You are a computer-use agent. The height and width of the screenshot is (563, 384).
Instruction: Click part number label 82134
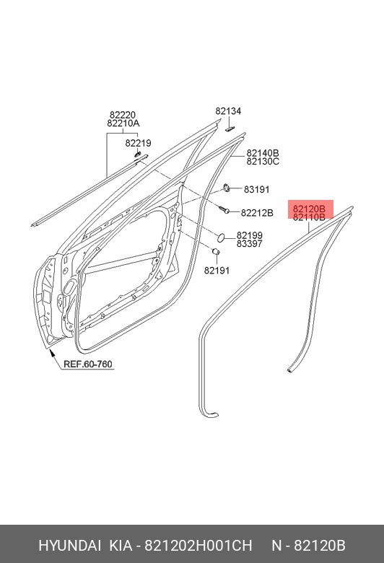[x=228, y=111]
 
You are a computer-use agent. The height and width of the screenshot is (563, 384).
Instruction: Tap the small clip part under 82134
[x=230, y=128]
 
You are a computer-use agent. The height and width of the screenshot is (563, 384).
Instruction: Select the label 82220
[x=123, y=115]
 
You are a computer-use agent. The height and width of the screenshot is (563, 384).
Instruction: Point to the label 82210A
[x=123, y=123]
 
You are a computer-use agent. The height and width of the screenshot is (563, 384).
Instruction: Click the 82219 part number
[x=139, y=143]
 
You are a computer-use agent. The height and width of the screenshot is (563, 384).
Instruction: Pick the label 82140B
[x=263, y=153]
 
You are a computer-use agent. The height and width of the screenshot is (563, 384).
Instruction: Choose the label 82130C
[x=263, y=162]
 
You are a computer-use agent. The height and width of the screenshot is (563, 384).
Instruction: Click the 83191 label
[x=256, y=189]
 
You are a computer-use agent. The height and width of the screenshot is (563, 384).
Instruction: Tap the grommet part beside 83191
[x=227, y=187]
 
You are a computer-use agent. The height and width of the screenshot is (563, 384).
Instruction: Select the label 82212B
[x=257, y=213]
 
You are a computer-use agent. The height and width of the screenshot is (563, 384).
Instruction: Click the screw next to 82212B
[x=224, y=210]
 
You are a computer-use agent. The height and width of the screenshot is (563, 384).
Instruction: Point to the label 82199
[x=249, y=235]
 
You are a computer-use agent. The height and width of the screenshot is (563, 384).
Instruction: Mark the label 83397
[x=249, y=244]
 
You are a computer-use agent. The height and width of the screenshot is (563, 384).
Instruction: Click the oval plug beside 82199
[x=222, y=237]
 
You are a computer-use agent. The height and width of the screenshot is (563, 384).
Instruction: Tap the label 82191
[x=217, y=270]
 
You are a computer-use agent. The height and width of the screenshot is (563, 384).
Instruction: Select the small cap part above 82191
[x=216, y=252]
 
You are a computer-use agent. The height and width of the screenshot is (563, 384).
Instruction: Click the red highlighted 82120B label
[x=309, y=209]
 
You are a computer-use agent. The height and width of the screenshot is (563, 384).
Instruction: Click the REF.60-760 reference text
[x=88, y=364]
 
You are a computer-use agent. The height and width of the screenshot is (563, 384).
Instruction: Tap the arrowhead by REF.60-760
[x=52, y=354]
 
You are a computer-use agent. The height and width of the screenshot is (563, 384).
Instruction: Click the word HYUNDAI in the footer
[x=70, y=546]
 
